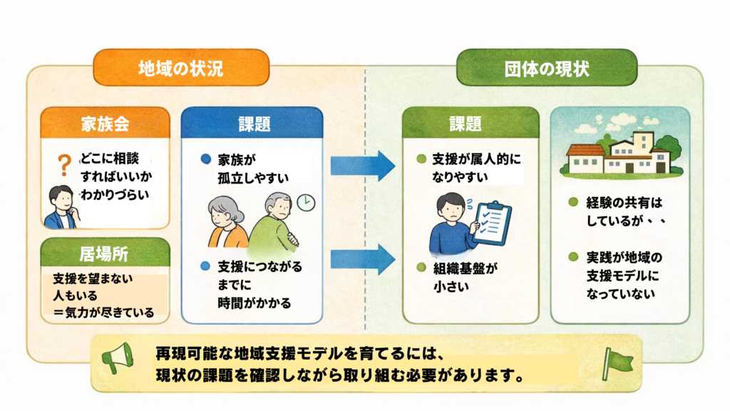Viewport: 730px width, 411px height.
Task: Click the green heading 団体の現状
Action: point(546,68)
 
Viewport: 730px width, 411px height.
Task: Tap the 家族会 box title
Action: point(106,123)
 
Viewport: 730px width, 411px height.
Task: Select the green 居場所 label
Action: point(106,253)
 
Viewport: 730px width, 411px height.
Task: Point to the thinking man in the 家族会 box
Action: point(61,208)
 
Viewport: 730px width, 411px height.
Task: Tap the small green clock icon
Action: point(304,202)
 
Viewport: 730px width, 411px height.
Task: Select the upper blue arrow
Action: point(362,166)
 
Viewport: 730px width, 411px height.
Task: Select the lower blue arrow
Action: point(362,258)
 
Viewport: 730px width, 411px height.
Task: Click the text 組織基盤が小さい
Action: point(464,278)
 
